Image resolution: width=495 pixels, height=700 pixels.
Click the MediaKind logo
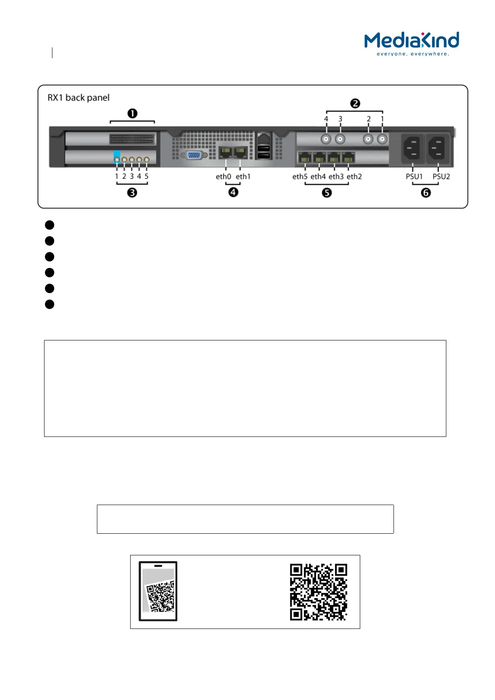point(411,44)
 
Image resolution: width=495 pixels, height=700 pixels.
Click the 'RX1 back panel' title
point(79,98)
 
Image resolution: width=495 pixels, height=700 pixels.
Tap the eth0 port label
point(223,177)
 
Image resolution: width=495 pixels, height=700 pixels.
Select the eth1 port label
point(243,177)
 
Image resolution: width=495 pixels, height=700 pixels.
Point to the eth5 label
point(300,177)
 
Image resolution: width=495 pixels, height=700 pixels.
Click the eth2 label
point(354,177)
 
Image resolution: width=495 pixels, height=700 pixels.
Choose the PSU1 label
point(414,177)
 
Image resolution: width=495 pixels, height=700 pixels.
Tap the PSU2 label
point(441,177)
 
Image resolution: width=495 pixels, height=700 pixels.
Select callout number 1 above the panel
point(132,113)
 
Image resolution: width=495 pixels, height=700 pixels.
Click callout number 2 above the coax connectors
point(355,104)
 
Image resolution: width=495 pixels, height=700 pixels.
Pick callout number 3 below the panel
point(132,192)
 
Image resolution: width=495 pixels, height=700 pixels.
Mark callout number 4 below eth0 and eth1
point(233,192)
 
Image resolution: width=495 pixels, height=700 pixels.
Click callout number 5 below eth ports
point(327,192)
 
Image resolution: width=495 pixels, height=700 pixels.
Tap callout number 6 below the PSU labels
point(426,192)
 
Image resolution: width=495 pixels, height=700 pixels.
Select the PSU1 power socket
point(412,148)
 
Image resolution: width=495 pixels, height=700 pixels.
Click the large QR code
point(319,592)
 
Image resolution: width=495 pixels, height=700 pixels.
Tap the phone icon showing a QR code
point(158,591)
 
